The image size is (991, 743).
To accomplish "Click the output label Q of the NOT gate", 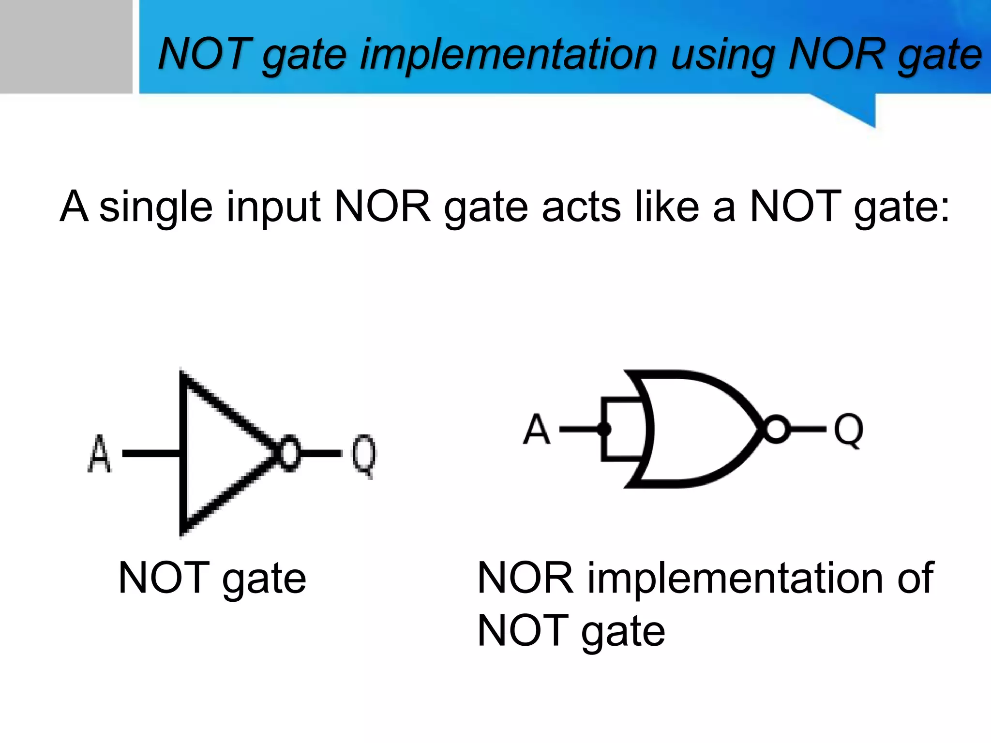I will pos(363,455).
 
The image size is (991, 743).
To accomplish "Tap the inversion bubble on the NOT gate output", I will pos(289,454).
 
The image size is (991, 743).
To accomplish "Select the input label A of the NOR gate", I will pos(536,429).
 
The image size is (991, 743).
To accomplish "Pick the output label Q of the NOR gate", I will pos(848,430).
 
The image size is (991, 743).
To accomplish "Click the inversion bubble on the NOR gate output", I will pos(776,429).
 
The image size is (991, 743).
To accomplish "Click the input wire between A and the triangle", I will pos(151,453).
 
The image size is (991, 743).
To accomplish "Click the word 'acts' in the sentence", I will pos(581,207).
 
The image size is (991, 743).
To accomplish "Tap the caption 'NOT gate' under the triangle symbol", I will pos(212,578).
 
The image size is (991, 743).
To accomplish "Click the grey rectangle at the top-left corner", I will pos(65,46).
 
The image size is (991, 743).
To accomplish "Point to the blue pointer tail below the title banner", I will pos(856,109).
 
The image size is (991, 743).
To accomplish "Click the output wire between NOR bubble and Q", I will pos(807,429).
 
